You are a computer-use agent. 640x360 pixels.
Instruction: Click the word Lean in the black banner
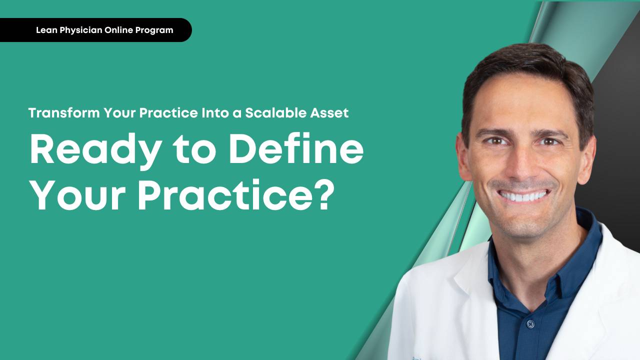tap(45, 30)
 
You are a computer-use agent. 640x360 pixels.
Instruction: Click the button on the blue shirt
tap(530, 324)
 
